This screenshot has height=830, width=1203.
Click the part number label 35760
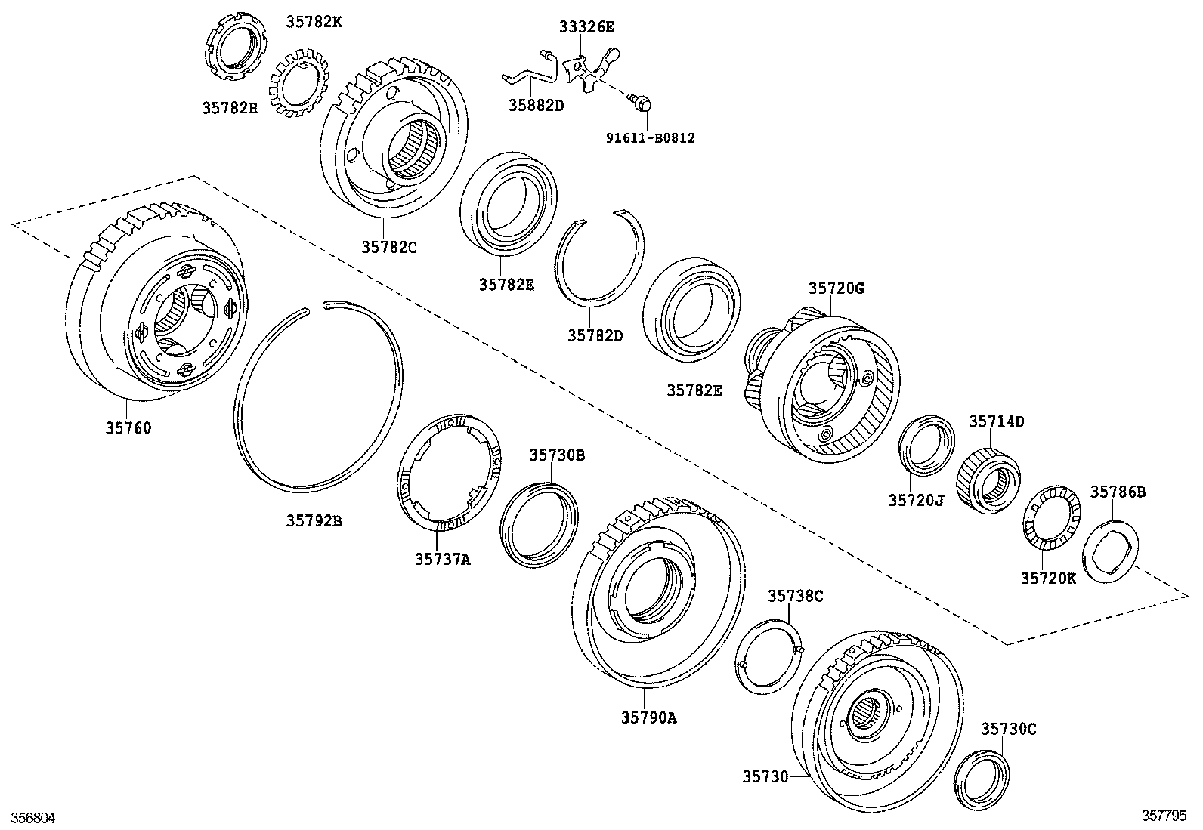point(128,428)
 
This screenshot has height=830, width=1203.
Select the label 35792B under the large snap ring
point(314,520)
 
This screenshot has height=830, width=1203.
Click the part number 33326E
point(586,27)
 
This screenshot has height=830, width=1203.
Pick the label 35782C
point(388,246)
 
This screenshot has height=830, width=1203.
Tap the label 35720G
point(836,288)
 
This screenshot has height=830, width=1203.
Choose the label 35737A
point(442,559)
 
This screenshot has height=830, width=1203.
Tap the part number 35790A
point(648,718)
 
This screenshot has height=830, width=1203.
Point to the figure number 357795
point(1164,816)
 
